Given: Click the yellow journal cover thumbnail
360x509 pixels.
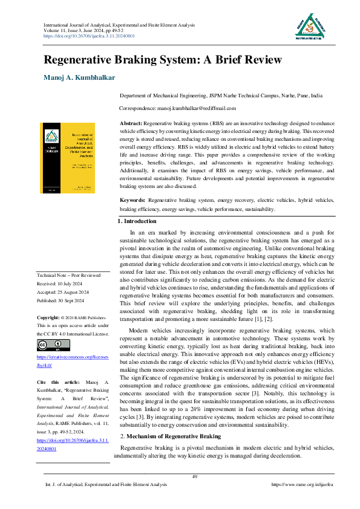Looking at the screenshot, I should point(67,159).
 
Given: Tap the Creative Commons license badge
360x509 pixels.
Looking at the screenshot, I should point(50,345).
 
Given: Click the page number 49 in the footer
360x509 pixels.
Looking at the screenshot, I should point(195,478).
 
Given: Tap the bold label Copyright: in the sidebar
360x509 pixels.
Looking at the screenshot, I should point(48,317).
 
